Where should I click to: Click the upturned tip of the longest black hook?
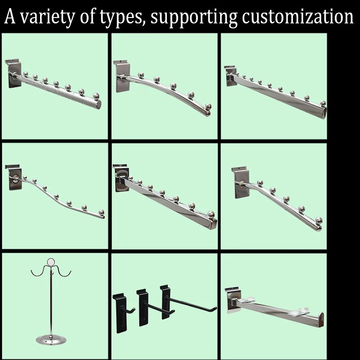click(215, 307)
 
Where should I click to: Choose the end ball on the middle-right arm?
click(319, 221)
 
